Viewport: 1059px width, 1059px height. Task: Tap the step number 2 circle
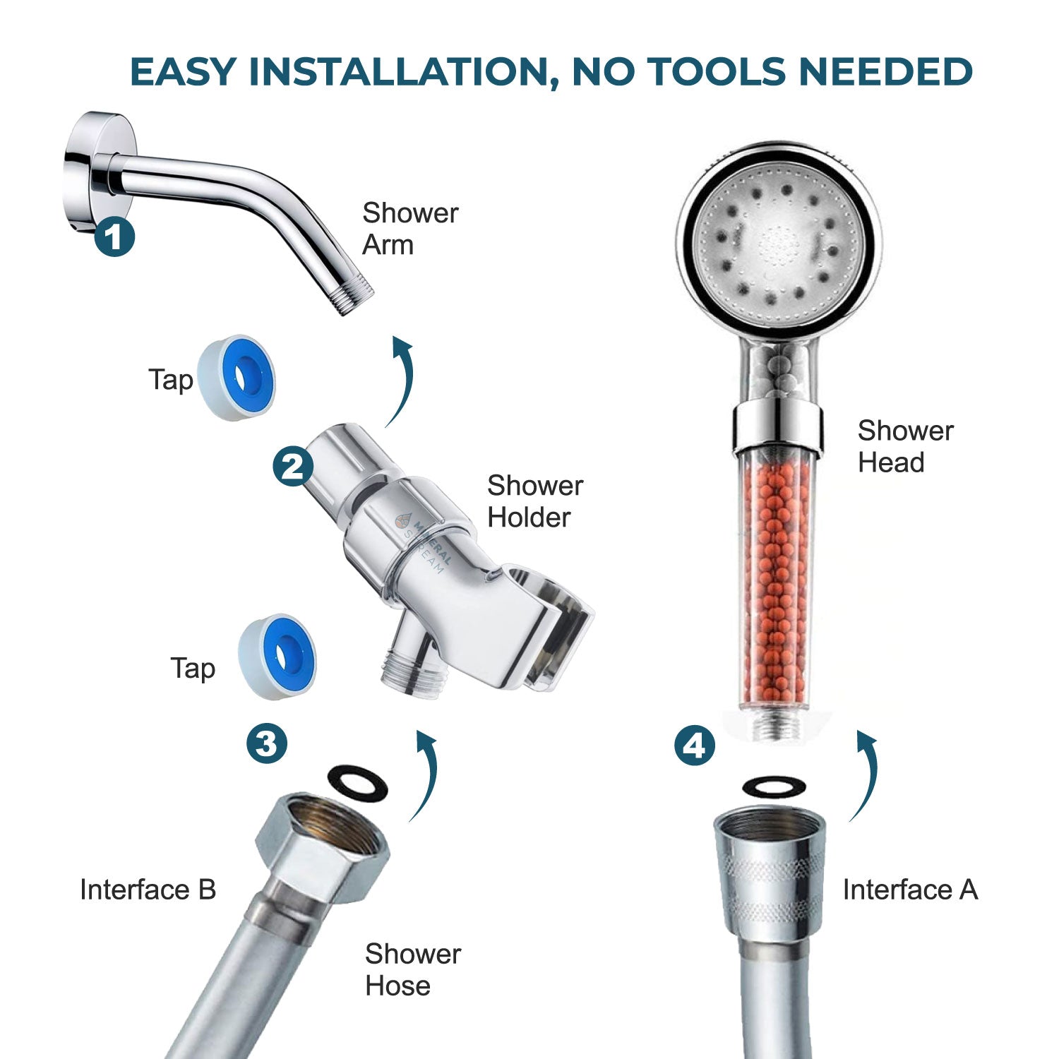[293, 467]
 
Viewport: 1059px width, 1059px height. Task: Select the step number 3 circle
[267, 743]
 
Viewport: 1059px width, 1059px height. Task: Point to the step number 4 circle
[695, 746]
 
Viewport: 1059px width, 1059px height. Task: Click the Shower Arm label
[409, 229]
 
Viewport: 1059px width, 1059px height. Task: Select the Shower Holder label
[534, 501]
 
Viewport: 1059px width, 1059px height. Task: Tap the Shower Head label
[904, 446]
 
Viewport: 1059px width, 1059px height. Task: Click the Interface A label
[909, 890]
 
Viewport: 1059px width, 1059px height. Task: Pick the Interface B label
[148, 890]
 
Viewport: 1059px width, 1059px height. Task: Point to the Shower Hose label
[412, 969]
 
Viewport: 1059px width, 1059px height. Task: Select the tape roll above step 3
[277, 657]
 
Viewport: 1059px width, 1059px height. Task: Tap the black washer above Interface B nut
[358, 783]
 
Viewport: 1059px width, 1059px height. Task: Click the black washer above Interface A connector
[774, 786]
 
